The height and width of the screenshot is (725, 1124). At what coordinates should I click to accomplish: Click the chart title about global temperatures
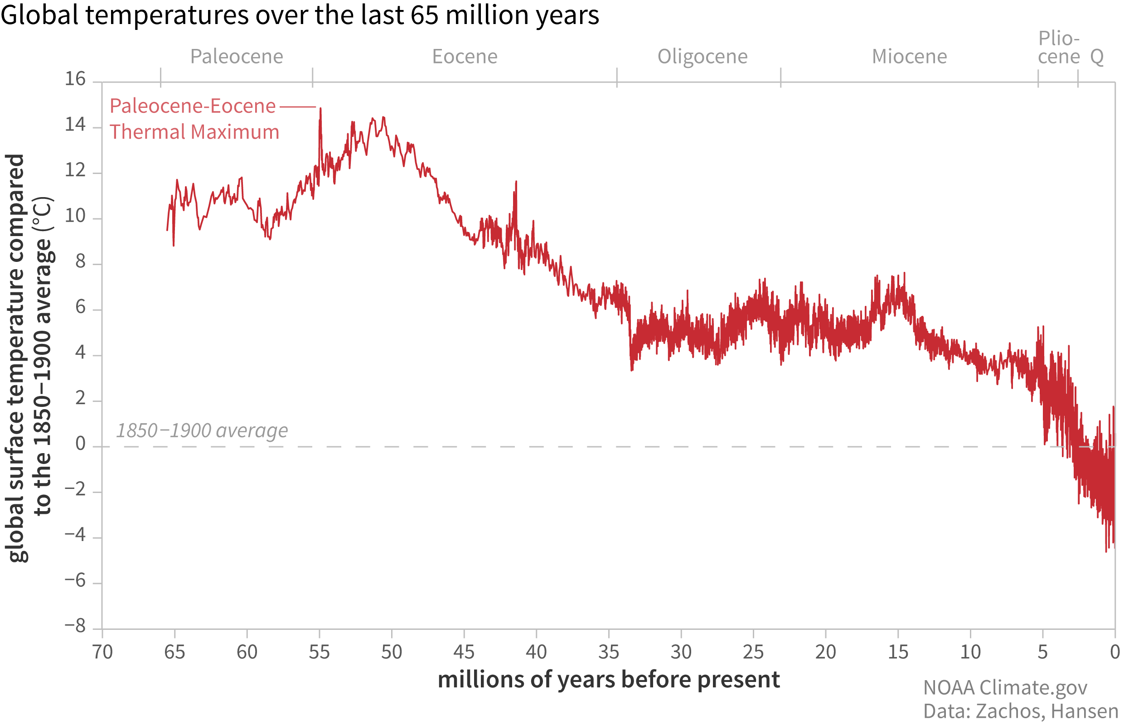(300, 15)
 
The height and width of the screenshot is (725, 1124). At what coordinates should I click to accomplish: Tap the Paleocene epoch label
(237, 57)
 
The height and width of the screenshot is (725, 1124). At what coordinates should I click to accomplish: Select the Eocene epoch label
(464, 57)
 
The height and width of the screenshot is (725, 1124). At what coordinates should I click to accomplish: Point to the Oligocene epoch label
(702, 57)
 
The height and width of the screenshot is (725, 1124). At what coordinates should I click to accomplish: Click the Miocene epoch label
(909, 57)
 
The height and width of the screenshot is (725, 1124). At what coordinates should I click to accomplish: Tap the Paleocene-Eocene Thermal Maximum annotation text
(194, 119)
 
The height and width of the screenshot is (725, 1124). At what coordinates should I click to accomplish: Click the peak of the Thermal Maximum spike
(321, 109)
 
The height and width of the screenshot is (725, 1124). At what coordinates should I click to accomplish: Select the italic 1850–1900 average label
(202, 430)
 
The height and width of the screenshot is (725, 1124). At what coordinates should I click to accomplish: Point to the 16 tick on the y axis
(75, 79)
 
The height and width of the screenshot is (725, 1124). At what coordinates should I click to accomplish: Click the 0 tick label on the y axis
(81, 444)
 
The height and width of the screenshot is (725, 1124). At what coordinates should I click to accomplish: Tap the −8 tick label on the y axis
(75, 626)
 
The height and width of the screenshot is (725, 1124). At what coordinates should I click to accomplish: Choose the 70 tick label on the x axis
(102, 652)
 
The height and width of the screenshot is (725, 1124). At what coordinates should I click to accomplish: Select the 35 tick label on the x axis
(608, 652)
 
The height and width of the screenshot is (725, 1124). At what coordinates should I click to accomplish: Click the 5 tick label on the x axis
(1042, 652)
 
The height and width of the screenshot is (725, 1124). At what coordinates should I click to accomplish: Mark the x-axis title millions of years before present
(608, 680)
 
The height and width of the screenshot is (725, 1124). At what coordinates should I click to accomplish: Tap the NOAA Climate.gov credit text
(1005, 688)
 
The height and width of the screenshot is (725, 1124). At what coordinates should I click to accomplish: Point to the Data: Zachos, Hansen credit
(1020, 711)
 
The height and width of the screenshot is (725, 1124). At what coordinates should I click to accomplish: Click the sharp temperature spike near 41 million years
(516, 182)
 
